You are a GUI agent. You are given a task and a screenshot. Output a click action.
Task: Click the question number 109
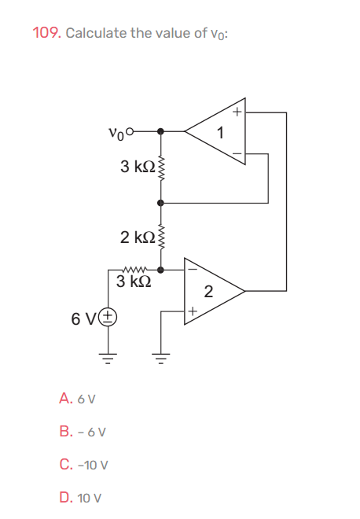click(46, 33)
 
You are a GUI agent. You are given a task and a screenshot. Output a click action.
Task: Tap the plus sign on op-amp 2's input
click(191, 312)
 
